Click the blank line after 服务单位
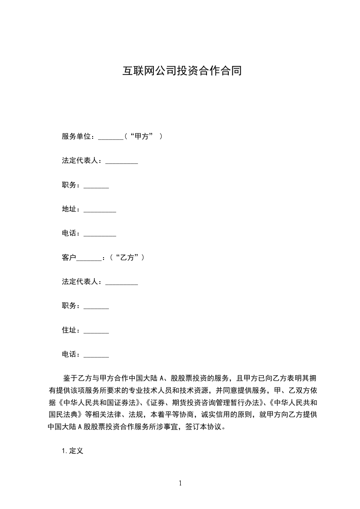click(110, 137)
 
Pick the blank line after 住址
click(96, 331)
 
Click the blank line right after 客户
click(89, 258)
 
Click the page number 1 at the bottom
click(180, 483)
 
